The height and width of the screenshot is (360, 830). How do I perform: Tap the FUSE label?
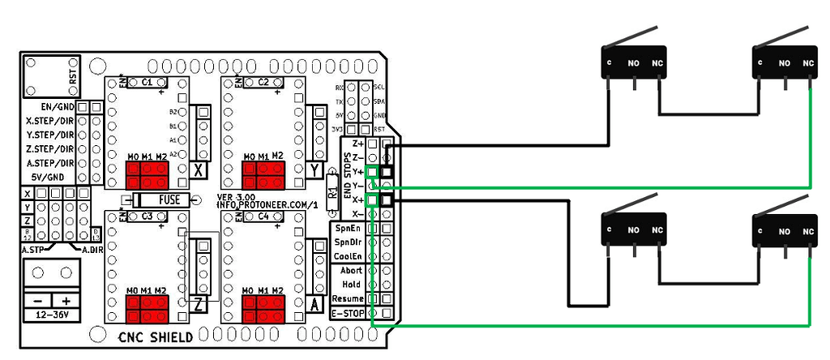click(x=169, y=200)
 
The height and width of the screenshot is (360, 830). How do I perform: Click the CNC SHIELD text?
click(x=156, y=337)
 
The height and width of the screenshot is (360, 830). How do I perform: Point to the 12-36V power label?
click(x=51, y=314)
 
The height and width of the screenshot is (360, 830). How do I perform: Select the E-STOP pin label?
click(x=349, y=313)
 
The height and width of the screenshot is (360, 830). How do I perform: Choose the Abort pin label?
click(x=351, y=271)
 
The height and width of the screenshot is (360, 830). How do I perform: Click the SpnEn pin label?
click(x=349, y=229)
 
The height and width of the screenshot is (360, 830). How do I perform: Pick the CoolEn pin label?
click(x=349, y=257)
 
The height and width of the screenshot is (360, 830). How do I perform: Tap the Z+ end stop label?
click(x=357, y=144)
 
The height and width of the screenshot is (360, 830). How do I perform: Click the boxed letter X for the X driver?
click(x=199, y=170)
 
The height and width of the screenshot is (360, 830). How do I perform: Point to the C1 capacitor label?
click(x=148, y=83)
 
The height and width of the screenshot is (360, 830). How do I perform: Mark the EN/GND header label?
click(x=57, y=106)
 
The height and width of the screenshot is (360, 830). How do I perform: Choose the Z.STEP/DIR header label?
click(x=50, y=149)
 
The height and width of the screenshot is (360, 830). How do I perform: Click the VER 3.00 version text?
click(x=236, y=197)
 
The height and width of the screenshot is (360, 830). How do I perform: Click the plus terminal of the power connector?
click(x=66, y=299)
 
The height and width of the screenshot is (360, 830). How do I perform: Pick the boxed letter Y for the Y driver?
click(x=314, y=170)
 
